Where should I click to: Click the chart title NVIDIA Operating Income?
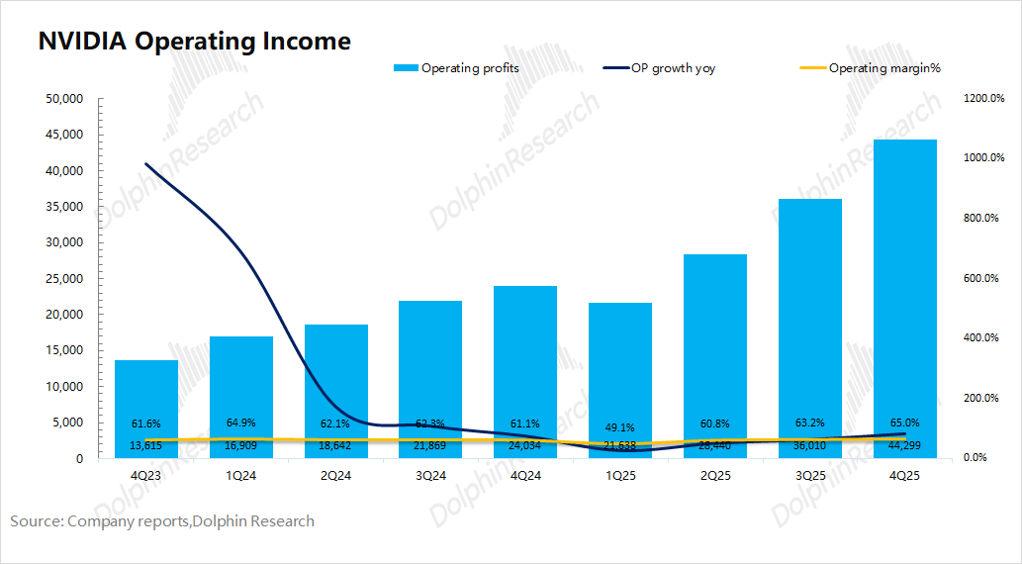pos(194,42)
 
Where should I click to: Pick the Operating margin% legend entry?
pos(871,68)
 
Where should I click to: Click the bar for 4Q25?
pos(904,297)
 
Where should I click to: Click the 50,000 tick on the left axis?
pos(64,99)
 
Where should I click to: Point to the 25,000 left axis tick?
pos(64,279)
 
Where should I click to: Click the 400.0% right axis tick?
pos(983,338)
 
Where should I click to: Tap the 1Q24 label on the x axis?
pos(241,475)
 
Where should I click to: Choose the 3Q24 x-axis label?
pos(431,475)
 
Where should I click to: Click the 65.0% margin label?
pos(904,423)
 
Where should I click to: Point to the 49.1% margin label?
pos(621,427)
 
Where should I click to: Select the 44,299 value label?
pos(904,445)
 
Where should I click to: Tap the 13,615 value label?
pos(146,445)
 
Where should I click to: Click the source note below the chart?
pos(162,520)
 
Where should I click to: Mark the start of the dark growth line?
pos(146,164)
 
